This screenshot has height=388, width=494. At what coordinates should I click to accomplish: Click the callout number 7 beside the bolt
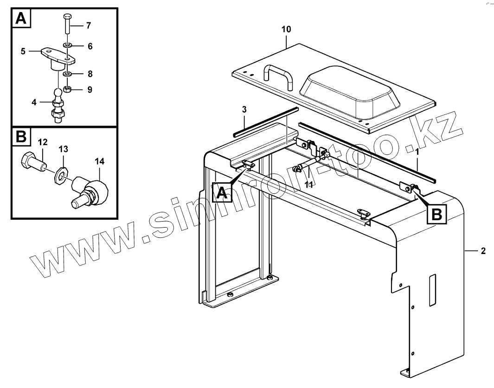pyautogui.click(x=88, y=26)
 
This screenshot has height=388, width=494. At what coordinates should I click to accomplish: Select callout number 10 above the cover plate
pyautogui.click(x=286, y=29)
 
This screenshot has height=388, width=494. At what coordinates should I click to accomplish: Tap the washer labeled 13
pyautogui.click(x=60, y=175)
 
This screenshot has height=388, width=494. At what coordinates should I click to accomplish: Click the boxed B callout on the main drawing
pyautogui.click(x=437, y=214)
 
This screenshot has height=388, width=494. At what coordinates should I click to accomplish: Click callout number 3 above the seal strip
pyautogui.click(x=244, y=110)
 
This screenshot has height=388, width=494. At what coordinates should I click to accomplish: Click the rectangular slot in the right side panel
pyautogui.click(x=432, y=289)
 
